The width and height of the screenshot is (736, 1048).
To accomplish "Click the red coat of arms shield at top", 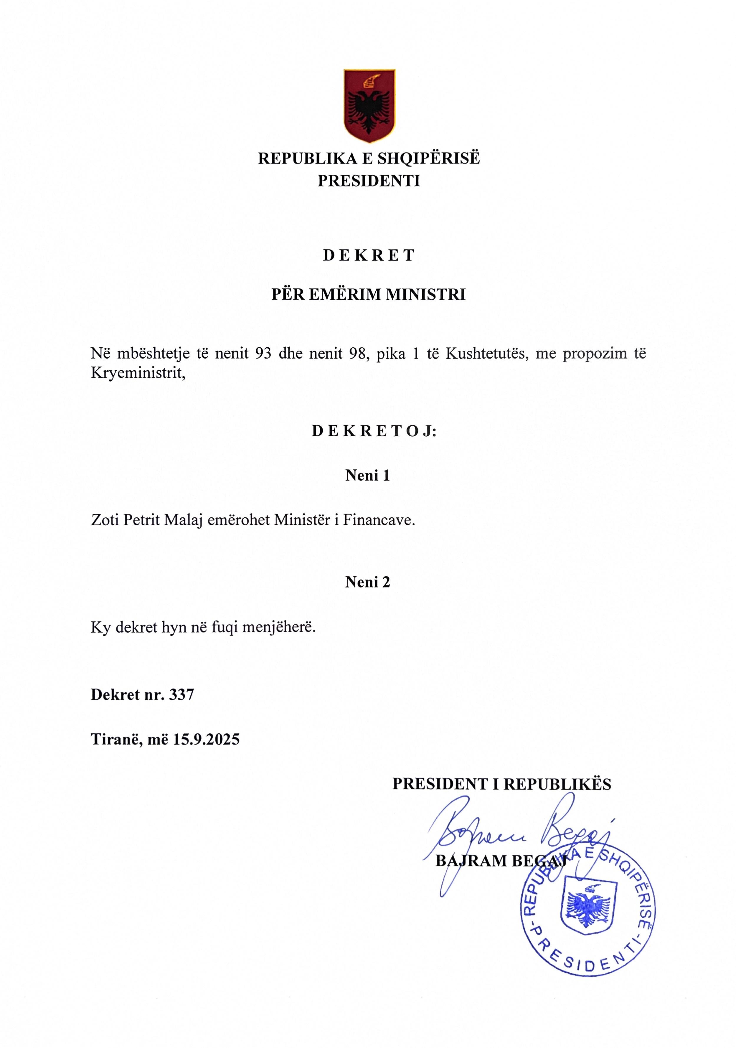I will point(369,105).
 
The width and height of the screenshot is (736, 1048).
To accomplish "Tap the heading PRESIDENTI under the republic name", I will point(369,181).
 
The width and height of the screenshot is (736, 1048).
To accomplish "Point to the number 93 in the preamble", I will point(263,353).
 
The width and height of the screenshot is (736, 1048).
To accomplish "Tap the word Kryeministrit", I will point(138,373).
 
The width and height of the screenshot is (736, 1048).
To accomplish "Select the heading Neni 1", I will point(367,476).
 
